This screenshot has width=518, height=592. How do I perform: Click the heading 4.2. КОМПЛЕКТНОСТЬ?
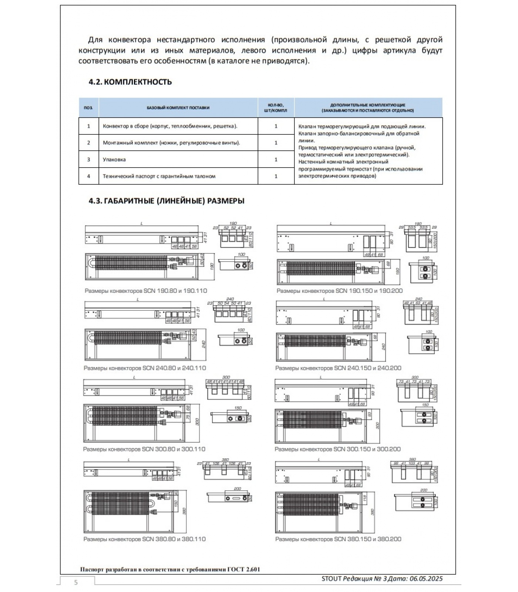point(130,82)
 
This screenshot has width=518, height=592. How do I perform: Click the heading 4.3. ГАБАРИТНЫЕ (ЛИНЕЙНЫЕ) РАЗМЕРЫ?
point(166,201)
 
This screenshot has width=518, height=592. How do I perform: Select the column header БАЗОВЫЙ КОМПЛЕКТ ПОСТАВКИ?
point(178,108)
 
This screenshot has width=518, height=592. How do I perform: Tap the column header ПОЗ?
point(88,108)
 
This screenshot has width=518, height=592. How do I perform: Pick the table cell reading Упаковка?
point(114,159)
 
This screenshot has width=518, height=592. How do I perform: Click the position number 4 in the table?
point(88,176)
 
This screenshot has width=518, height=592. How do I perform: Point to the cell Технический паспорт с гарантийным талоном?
point(159,176)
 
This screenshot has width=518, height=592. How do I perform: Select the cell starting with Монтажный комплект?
point(171,143)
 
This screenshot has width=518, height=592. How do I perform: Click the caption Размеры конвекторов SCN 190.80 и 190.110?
point(146,291)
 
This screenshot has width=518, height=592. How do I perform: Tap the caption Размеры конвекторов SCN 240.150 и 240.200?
point(338,368)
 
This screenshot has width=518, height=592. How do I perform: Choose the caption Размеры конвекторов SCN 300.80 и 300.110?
point(144,449)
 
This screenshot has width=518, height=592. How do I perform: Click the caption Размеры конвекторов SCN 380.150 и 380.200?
point(338,539)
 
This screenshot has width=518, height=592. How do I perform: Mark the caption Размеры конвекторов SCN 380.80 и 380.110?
point(144,539)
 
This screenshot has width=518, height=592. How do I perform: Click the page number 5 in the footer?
point(76,583)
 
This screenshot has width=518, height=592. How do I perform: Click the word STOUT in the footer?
point(332,579)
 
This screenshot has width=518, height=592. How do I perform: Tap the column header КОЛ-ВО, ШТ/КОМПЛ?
point(276,108)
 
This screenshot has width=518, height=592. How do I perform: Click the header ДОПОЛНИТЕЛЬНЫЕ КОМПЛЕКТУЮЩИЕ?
point(368,105)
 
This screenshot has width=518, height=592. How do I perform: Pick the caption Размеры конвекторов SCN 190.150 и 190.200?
point(340,291)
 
